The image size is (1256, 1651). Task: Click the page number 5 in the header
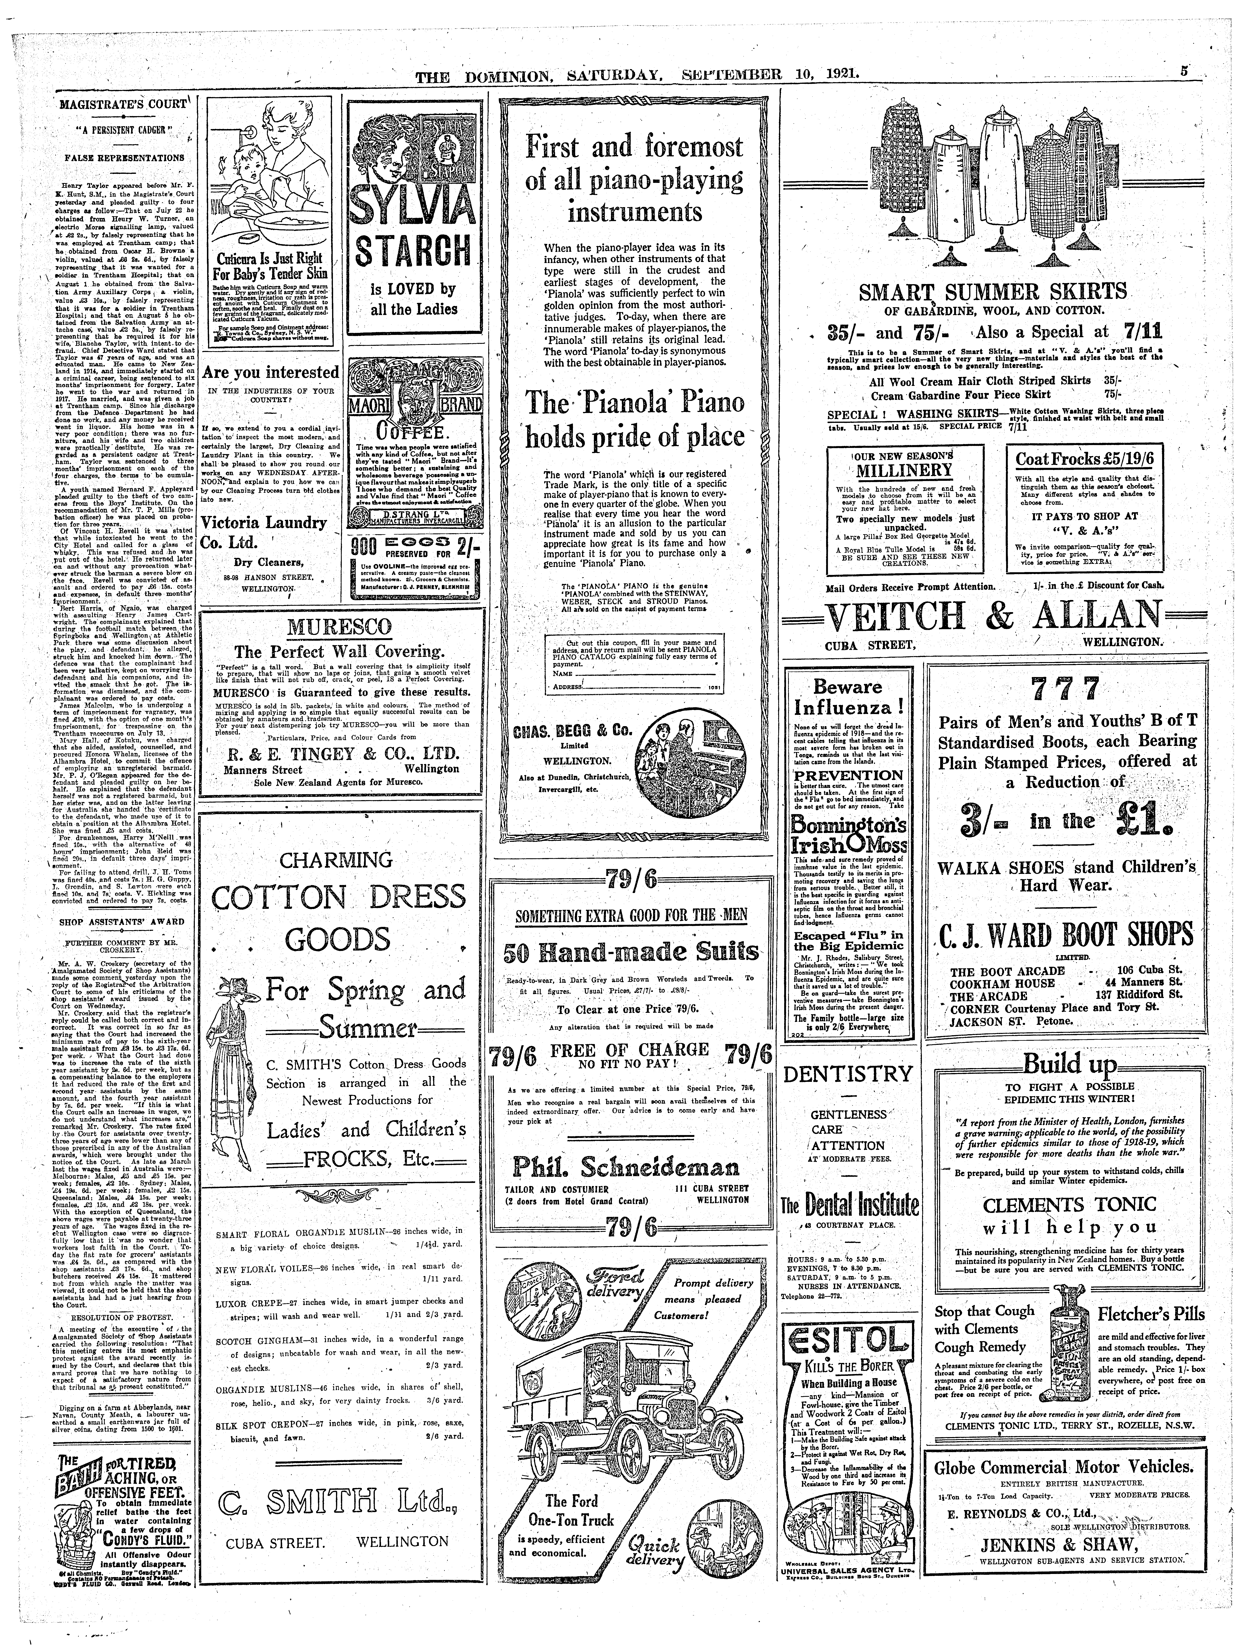coord(1185,73)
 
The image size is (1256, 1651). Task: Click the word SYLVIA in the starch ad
coord(413,206)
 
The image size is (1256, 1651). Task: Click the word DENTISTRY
coord(848,1074)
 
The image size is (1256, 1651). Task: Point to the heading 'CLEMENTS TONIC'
coord(1070,1205)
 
